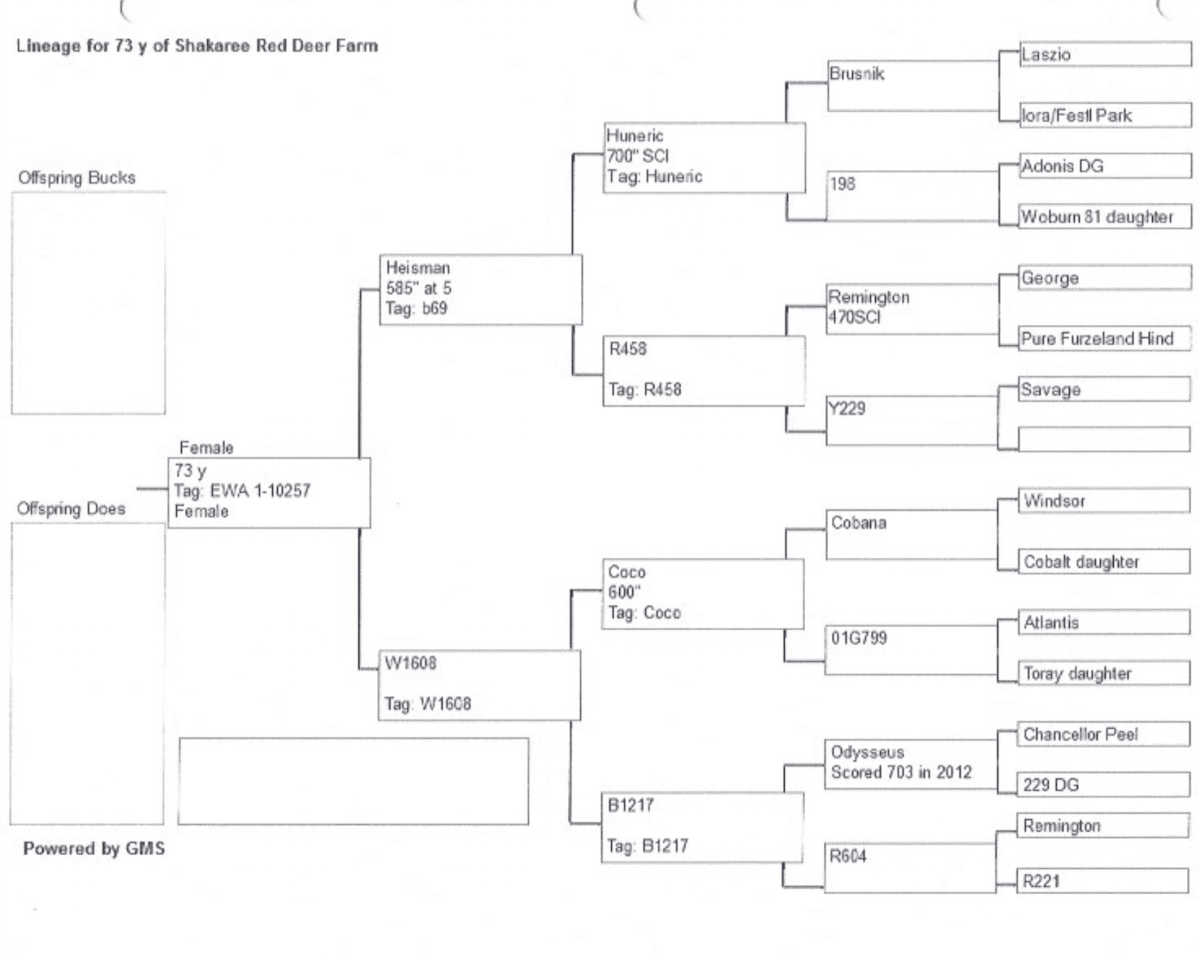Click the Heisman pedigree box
480,290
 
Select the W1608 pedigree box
479,685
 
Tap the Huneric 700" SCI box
704,158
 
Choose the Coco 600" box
702,594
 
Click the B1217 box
701,827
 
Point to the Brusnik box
912,84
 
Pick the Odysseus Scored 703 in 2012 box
910,763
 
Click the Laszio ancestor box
1105,54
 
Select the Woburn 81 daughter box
1105,217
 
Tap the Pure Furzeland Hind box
1105,339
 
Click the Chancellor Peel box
1103,734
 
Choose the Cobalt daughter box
1103,562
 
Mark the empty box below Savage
1103,439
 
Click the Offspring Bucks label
77,178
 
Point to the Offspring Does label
71,509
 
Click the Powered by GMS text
93,849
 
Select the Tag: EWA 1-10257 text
242,490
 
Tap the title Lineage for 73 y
197,45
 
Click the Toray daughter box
1103,673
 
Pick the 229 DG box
1103,784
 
